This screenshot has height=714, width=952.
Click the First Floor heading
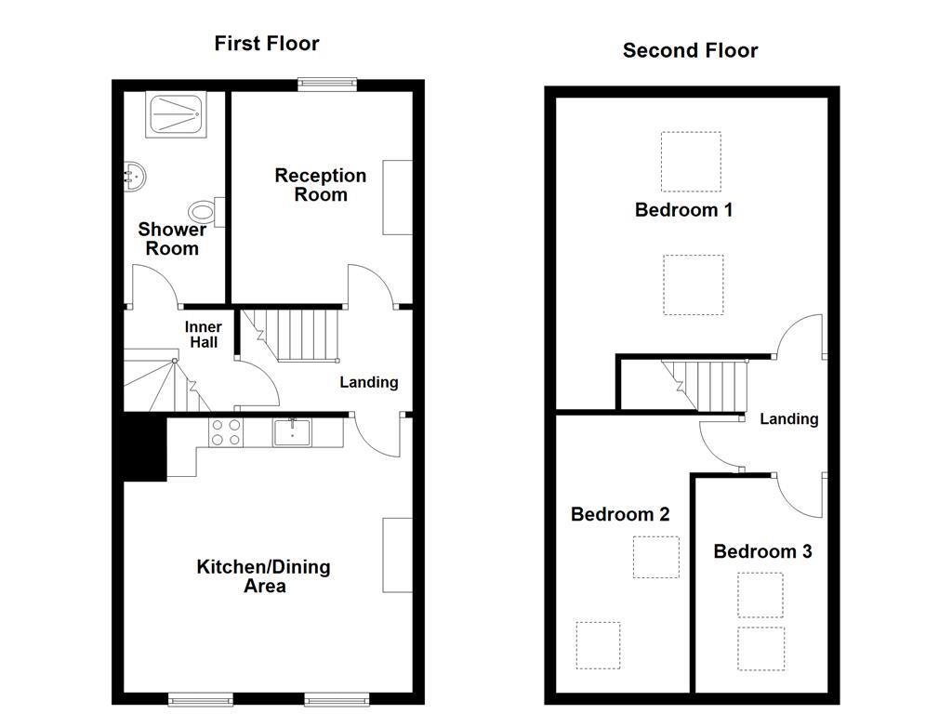click(x=267, y=44)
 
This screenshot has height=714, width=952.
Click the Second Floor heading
click(x=690, y=51)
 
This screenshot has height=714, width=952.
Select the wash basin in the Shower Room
click(x=134, y=176)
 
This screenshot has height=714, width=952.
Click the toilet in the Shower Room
click(x=204, y=212)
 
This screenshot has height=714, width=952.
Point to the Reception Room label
click(x=321, y=185)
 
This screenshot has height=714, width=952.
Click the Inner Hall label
click(x=204, y=335)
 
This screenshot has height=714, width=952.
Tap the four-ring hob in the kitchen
click(x=227, y=432)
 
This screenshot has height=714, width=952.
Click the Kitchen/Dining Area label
click(x=263, y=576)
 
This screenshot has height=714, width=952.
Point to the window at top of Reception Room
click(x=327, y=84)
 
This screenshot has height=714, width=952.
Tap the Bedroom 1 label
click(x=683, y=210)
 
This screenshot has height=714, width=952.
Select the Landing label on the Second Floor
click(x=789, y=419)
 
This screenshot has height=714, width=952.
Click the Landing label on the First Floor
click(x=368, y=382)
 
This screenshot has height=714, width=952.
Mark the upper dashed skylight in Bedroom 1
click(x=691, y=161)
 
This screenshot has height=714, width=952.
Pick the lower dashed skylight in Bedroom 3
click(x=760, y=648)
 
